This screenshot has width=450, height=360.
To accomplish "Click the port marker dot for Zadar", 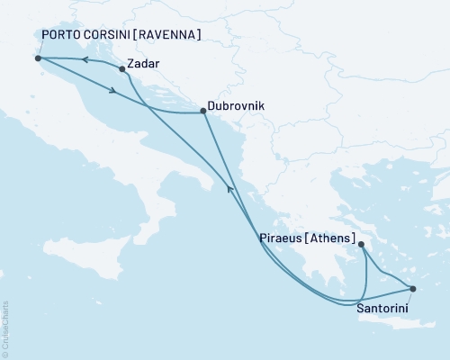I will [122, 68].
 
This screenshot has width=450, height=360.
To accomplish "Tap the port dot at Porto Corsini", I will [38, 58].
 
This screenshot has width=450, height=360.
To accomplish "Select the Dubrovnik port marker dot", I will [202, 112].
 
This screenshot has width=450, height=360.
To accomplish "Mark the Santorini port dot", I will [413, 289].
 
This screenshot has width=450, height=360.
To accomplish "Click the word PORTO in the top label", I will [62, 35].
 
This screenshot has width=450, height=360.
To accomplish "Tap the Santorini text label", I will [387, 308].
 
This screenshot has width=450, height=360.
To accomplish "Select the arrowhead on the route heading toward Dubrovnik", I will [112, 90].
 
